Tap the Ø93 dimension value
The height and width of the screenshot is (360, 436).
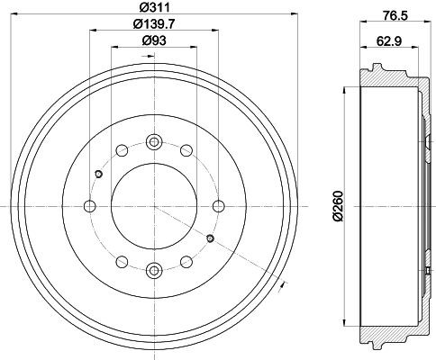(153, 40)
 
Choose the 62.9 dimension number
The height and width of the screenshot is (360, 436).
(389, 40)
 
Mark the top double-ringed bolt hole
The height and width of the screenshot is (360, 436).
(153, 141)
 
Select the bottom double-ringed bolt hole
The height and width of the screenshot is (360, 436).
(153, 268)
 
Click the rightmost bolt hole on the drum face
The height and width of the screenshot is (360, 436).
(217, 205)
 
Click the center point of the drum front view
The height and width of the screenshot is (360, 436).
(153, 205)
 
